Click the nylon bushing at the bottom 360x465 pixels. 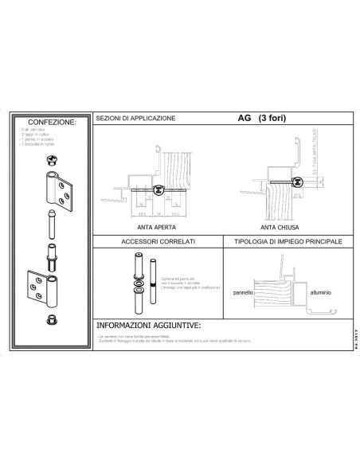52,319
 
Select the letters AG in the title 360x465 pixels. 244,119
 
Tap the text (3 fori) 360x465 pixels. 271,119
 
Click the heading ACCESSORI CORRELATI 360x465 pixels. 157,240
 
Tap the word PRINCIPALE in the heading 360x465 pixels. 320,240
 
